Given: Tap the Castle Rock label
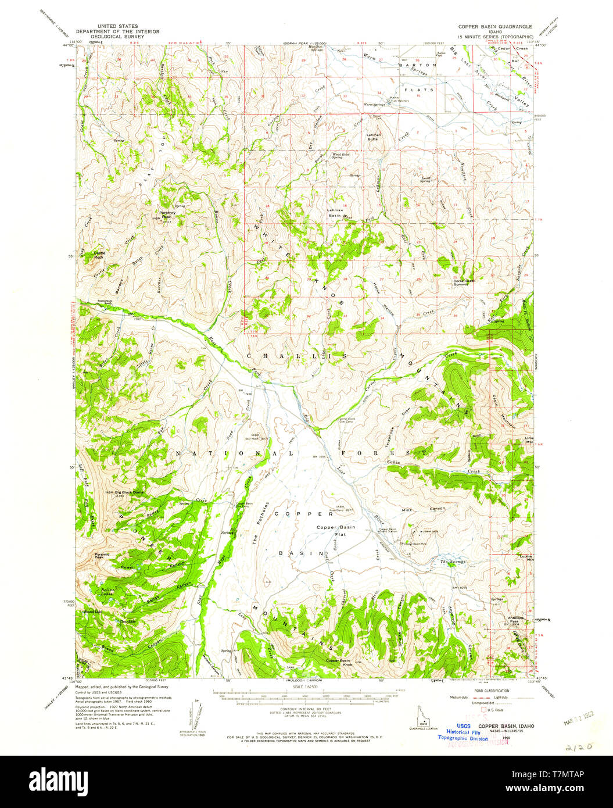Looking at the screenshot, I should point(100,254).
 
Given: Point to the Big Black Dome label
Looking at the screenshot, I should point(128,492).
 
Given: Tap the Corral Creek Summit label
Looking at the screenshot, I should point(464,282).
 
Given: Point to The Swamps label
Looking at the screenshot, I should point(452,562).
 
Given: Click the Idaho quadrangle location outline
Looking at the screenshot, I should point(418,714).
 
